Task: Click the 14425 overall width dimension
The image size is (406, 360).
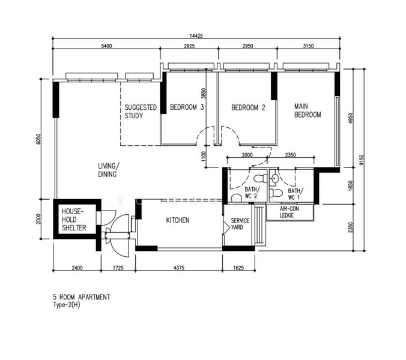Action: [196, 36]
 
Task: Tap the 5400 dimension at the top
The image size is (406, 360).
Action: [106, 46]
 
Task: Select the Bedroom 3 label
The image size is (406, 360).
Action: [187, 107]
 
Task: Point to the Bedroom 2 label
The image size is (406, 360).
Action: [248, 107]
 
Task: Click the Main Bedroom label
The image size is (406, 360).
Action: [308, 110]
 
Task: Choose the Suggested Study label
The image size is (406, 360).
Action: [141, 112]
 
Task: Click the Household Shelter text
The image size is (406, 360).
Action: [74, 220]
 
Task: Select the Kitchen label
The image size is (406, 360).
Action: [178, 220]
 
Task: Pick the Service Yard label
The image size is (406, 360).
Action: [240, 224]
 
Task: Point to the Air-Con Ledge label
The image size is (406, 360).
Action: [289, 212]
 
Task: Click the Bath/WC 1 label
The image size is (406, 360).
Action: [295, 194]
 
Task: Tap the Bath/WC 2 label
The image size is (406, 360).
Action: [252, 193]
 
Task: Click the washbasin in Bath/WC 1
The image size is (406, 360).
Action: [274, 178]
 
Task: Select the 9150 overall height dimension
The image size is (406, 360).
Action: [362, 160]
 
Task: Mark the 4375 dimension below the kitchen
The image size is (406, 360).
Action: [178, 268]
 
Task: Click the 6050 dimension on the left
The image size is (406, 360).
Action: [39, 139]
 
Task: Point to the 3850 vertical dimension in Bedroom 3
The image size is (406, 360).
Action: [204, 94]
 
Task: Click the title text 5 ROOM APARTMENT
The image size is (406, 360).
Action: [82, 297]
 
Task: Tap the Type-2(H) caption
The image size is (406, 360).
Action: [67, 305]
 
